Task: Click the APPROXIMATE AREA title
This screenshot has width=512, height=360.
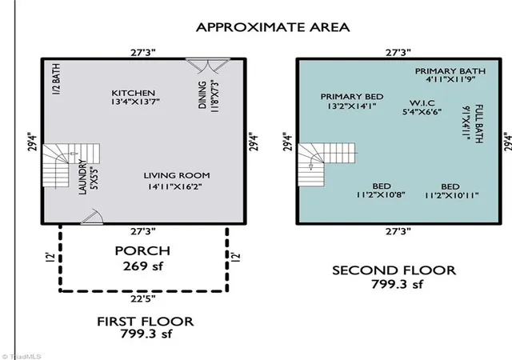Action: (x=273, y=27)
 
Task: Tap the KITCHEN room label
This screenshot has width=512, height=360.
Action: (x=134, y=93)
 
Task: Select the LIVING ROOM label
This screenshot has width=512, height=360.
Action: (x=177, y=175)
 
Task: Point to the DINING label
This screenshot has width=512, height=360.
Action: (x=202, y=94)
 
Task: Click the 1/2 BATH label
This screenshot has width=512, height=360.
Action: (x=56, y=79)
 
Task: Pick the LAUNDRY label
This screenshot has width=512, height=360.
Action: (x=82, y=177)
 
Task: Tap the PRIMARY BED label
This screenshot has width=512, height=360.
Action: (x=352, y=97)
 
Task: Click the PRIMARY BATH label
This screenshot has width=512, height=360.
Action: (x=450, y=71)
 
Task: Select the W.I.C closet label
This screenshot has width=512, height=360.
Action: (x=422, y=103)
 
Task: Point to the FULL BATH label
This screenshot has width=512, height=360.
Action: (x=478, y=124)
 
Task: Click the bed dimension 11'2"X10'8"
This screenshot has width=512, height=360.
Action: (x=381, y=195)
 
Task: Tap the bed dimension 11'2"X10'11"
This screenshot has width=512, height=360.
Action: (x=451, y=195)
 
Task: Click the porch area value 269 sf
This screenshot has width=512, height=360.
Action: (x=142, y=266)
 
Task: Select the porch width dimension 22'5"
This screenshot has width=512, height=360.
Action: (x=143, y=298)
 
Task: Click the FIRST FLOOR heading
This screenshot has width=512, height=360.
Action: (x=146, y=322)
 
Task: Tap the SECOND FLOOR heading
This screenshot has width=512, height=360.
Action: (x=394, y=270)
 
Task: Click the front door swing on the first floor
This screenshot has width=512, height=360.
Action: (x=93, y=217)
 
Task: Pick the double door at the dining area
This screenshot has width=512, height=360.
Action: (x=207, y=66)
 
